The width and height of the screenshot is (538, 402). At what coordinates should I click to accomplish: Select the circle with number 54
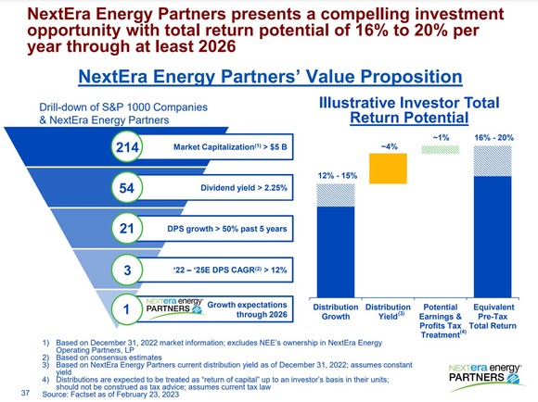[x=125, y=188]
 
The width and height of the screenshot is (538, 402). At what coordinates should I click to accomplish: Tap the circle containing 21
[x=125, y=229]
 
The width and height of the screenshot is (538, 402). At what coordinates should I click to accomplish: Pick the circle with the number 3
[x=125, y=270]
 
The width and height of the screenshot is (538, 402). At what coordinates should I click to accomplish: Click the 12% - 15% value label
[x=336, y=175]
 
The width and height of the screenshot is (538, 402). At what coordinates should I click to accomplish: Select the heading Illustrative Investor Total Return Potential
[x=409, y=110]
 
